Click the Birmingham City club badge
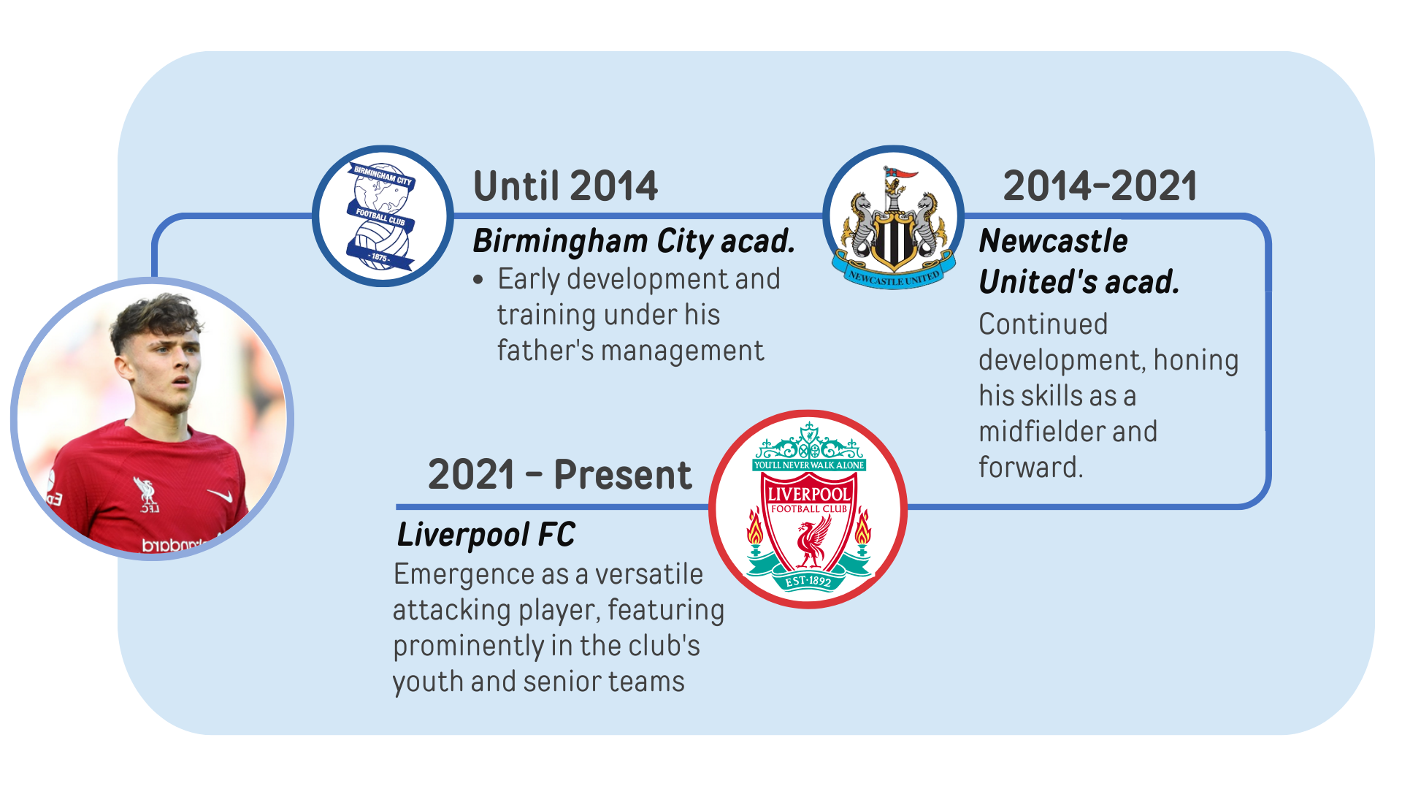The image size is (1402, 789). [x=382, y=216]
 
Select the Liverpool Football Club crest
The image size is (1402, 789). [x=808, y=509]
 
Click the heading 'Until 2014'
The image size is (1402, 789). [x=565, y=186]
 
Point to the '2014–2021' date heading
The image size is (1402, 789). [x=1100, y=186]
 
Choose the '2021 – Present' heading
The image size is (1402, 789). [x=559, y=475]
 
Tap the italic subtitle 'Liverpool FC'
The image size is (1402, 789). [x=486, y=535]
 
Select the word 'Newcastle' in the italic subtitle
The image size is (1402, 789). [x=1053, y=242]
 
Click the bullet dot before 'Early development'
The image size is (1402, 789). [x=478, y=280]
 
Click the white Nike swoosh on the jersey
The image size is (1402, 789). [x=221, y=496]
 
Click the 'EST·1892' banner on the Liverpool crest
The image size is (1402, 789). [x=808, y=582]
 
